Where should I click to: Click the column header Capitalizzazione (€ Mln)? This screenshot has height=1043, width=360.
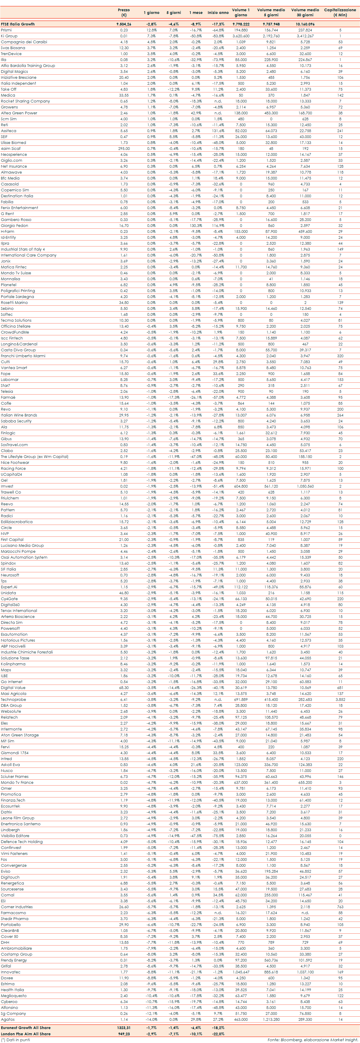[340, 12]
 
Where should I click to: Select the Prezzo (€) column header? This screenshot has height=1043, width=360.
[124, 12]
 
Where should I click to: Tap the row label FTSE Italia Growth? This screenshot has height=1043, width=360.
[18, 24]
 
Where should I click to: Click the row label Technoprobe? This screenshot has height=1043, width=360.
[13, 699]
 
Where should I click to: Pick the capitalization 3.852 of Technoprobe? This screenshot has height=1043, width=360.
[340, 699]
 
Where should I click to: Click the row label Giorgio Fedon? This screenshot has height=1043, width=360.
[14, 225]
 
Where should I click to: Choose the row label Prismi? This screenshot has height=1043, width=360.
[6, 30]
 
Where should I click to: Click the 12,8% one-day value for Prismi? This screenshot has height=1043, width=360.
[151, 30]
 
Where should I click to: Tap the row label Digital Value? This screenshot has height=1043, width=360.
[13, 688]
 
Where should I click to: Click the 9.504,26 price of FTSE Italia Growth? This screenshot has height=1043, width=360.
[124, 24]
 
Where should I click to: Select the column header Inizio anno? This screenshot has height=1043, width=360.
[218, 12]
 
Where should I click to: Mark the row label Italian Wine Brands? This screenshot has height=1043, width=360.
[19, 415]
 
